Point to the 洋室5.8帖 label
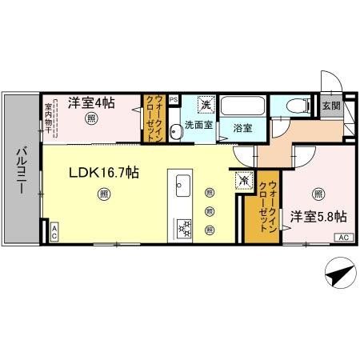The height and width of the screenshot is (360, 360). coord(318,217)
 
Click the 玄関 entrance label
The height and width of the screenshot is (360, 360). coord(330,105)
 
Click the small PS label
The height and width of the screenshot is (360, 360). coord(174,99)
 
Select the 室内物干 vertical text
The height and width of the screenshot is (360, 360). coord(49,115)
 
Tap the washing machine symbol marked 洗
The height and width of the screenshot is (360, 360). coord(206,105)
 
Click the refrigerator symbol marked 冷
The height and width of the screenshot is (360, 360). coord(242,180)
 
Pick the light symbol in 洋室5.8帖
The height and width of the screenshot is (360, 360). coord(318,193)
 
